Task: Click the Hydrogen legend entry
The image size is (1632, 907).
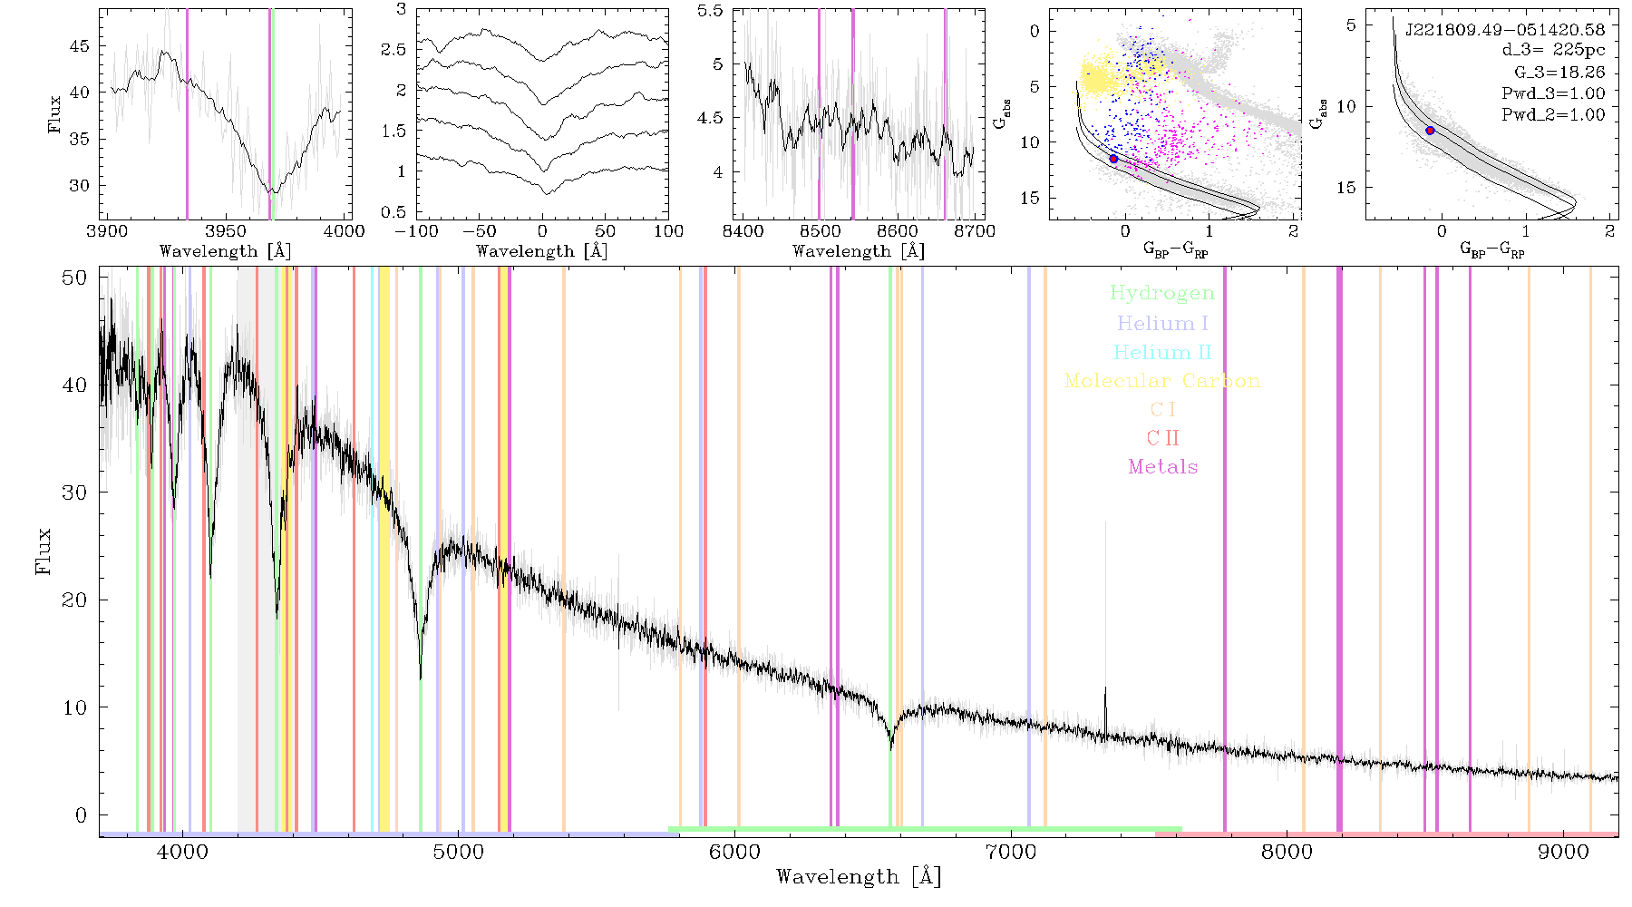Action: (x=1161, y=294)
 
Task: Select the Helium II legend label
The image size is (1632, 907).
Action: (x=1162, y=352)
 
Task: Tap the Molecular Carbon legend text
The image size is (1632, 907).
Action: (x=1162, y=381)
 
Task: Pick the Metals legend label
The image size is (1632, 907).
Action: (x=1163, y=466)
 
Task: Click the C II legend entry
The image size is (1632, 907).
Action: (x=1163, y=438)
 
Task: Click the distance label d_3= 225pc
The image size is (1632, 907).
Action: (x=1553, y=51)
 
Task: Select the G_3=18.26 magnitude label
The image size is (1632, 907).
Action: (x=1559, y=73)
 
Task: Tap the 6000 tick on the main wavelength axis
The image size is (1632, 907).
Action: (x=734, y=852)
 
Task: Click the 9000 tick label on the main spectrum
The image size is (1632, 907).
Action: (x=1563, y=852)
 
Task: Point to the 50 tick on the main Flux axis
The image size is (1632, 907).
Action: (x=74, y=278)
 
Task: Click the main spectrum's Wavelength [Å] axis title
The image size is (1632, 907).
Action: (x=859, y=877)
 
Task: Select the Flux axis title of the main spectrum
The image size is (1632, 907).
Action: (x=43, y=551)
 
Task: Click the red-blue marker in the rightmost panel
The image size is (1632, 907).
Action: (x=1430, y=131)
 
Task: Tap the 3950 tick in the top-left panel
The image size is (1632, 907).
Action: (x=226, y=231)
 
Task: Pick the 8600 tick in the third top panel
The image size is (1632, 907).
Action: (x=899, y=231)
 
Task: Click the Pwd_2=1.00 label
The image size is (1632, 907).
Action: (x=1553, y=115)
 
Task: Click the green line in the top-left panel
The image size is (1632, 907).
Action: (x=271, y=114)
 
